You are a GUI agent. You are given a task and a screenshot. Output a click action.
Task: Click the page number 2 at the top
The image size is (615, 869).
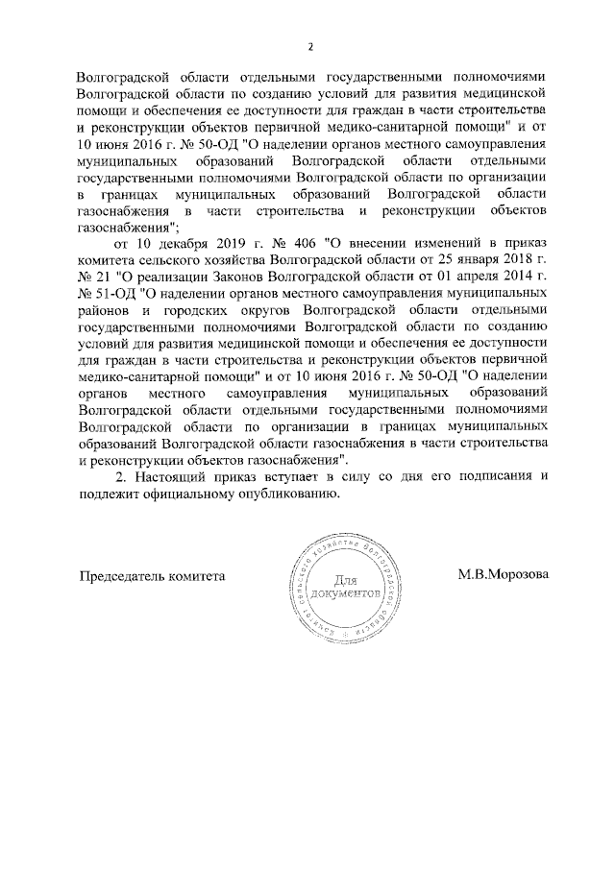point(309,47)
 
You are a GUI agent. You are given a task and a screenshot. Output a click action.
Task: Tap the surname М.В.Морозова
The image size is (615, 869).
point(503,575)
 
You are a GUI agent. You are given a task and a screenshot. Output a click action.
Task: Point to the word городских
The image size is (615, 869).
point(206,313)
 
